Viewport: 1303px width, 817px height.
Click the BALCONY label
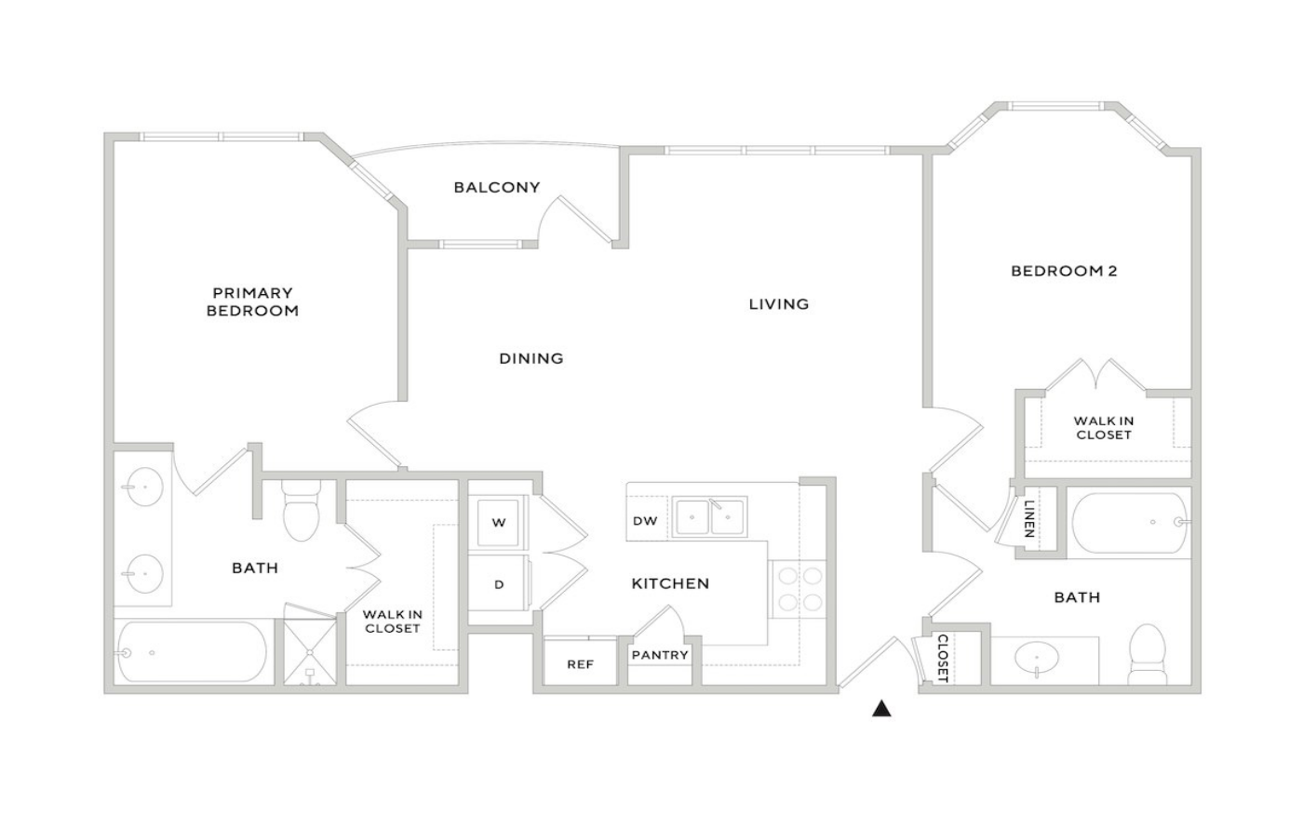[497, 187]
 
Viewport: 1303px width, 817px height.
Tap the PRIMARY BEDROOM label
[252, 301]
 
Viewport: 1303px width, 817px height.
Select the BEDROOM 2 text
[1064, 271]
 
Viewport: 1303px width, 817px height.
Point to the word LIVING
[778, 304]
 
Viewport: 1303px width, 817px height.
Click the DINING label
[531, 359]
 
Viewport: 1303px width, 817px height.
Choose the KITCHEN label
[670, 583]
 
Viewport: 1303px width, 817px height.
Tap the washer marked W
[498, 522]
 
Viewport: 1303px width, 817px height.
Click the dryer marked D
[499, 583]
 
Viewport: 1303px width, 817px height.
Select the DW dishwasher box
[646, 520]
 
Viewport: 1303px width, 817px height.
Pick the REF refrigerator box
[580, 663]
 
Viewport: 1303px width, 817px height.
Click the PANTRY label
[660, 655]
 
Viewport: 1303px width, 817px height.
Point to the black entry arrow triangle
[882, 708]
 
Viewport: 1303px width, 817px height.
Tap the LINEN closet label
[1028, 518]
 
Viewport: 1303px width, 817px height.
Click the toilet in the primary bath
[301, 510]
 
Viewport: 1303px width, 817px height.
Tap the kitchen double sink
[709, 516]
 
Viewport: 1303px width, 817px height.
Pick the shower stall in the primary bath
[309, 645]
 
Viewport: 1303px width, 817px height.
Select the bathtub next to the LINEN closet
[1128, 522]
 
